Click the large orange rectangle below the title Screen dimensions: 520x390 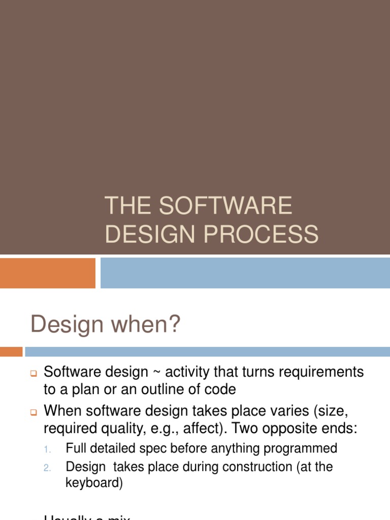click(48, 273)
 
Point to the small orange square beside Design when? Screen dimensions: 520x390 click(11, 351)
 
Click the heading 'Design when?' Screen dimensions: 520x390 click(106, 324)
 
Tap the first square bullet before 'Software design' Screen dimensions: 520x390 click(34, 374)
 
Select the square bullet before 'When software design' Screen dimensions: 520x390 click(34, 411)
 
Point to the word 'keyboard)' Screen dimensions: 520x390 click(94, 483)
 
